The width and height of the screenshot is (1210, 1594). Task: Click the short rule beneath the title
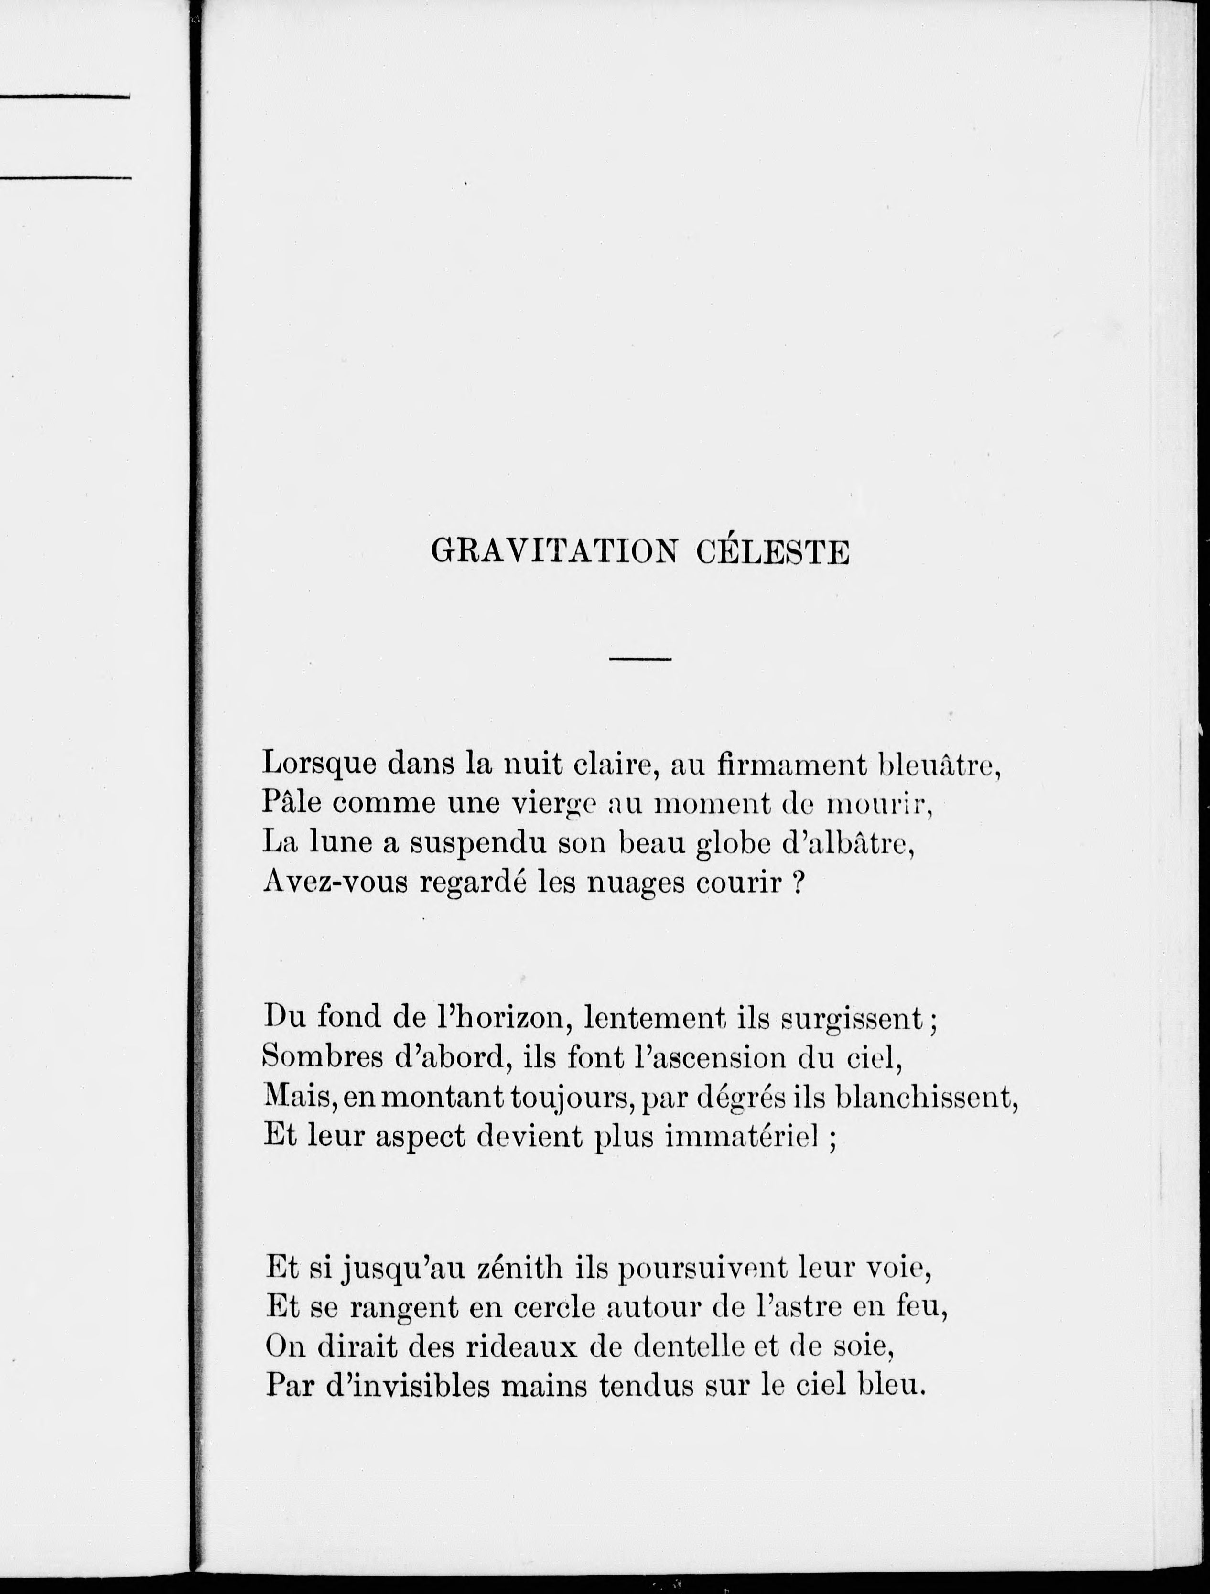coord(640,658)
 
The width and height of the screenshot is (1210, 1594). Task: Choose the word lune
coord(339,842)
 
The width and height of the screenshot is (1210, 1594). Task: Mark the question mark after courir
coord(798,882)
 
